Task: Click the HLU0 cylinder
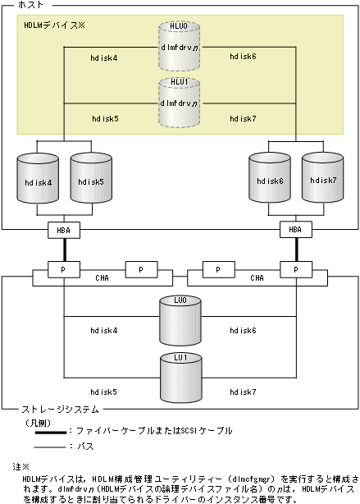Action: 178,47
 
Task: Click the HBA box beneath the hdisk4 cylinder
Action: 64,231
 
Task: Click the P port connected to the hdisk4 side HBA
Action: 64,268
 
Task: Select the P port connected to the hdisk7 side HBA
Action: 294,268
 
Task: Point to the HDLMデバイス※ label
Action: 54,26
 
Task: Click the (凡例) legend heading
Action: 36,418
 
